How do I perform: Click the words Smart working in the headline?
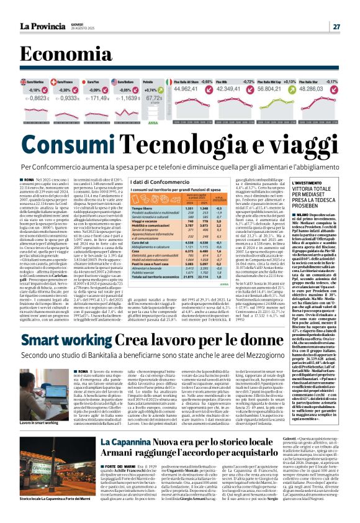(x=67, y=340)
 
